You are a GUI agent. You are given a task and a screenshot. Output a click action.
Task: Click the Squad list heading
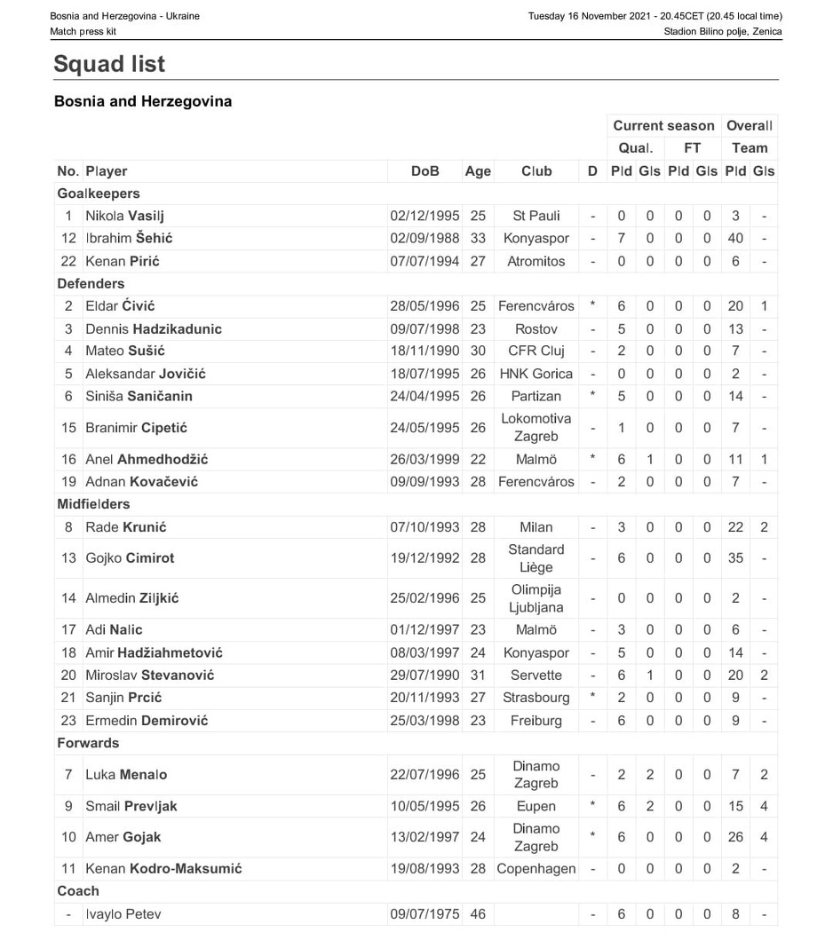click(x=109, y=64)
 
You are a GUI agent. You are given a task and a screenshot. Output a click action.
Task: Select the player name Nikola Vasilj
click(x=124, y=216)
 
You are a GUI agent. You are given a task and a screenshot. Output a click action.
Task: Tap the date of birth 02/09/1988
click(x=424, y=238)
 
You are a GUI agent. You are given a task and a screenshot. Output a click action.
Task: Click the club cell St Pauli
click(x=535, y=216)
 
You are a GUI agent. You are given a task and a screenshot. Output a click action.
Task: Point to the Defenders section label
click(x=91, y=284)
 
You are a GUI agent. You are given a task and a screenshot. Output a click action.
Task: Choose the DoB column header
click(x=424, y=171)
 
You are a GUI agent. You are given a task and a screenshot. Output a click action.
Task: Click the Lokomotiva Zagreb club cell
click(x=535, y=428)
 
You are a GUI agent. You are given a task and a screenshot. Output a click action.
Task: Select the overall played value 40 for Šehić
click(x=735, y=238)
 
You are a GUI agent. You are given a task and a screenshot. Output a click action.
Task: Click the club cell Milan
click(x=535, y=527)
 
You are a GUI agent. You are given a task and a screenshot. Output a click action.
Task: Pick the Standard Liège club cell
click(x=535, y=558)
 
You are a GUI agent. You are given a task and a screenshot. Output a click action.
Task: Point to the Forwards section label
click(x=88, y=743)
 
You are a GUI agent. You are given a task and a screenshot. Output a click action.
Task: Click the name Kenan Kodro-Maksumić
click(x=163, y=869)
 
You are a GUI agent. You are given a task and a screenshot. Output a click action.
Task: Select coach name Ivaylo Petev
click(x=123, y=914)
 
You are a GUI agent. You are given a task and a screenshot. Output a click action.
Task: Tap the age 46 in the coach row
click(x=478, y=914)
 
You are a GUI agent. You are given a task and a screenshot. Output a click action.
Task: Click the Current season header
click(x=663, y=126)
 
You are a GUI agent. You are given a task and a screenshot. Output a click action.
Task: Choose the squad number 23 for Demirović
click(x=68, y=721)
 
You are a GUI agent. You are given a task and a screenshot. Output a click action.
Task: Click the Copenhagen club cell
click(x=535, y=869)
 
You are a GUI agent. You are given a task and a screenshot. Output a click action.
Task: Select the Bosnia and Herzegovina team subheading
click(x=143, y=101)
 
